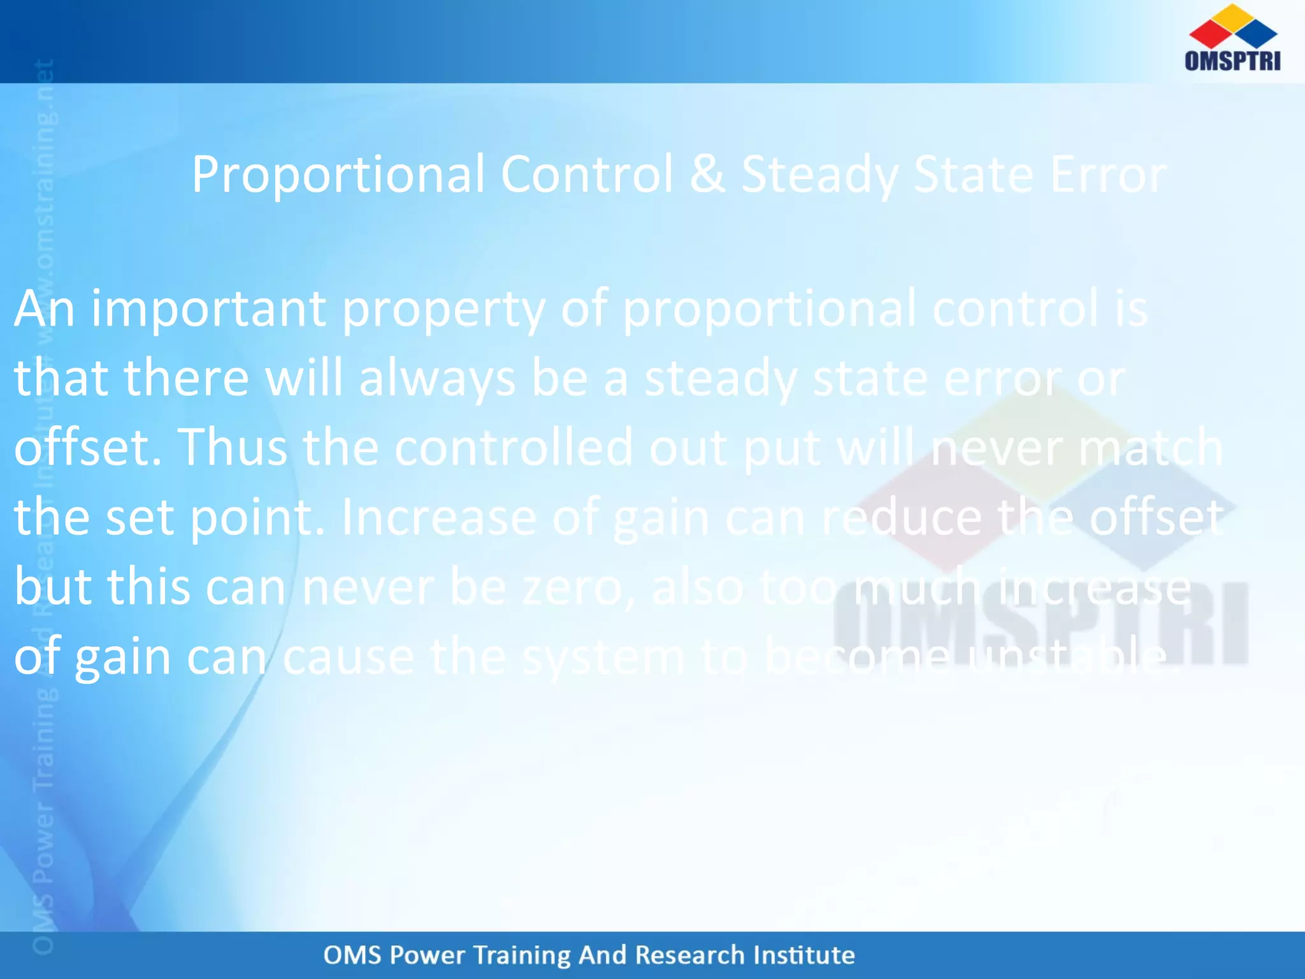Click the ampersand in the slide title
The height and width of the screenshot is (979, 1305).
(707, 174)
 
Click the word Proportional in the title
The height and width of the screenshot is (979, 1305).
(338, 175)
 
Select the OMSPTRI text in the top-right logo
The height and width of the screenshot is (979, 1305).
(1232, 61)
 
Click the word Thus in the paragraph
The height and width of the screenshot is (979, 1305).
(232, 447)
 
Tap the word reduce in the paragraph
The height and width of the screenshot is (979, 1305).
(902, 518)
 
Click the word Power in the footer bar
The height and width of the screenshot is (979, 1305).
(427, 955)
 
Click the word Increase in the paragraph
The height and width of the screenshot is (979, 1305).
(439, 518)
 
